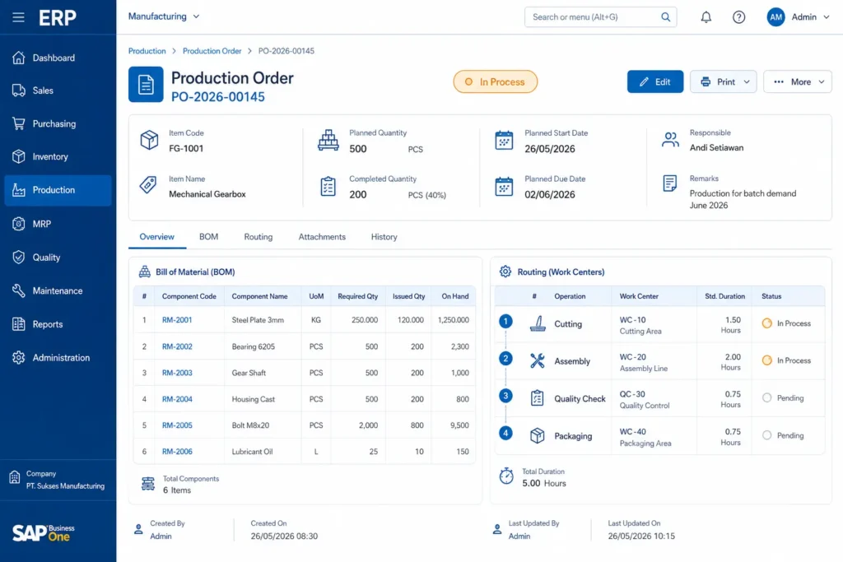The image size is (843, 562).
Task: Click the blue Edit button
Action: [654, 81]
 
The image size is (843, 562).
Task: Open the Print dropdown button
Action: [723, 81]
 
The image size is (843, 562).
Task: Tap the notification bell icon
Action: [706, 17]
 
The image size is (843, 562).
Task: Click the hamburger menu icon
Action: [18, 17]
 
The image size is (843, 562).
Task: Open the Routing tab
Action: [258, 237]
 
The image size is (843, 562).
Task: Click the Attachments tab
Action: [322, 237]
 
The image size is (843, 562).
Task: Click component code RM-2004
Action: [177, 399]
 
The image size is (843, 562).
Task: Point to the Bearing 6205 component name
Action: [254, 346]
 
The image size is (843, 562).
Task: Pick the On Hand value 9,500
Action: [459, 425]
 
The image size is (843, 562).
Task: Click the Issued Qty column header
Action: [408, 296]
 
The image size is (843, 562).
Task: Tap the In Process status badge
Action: [495, 81]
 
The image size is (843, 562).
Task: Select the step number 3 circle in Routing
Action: [505, 396]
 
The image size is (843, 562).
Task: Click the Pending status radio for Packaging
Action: [766, 435]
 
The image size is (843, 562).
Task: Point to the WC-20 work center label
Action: [633, 357]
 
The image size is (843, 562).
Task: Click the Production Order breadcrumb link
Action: [212, 51]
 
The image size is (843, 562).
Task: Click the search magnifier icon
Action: [665, 17]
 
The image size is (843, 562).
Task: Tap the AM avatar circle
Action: [775, 17]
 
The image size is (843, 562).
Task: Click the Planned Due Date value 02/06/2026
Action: [549, 194]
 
